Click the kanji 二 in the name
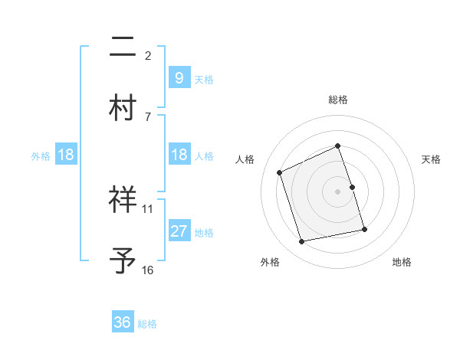click(x=123, y=49)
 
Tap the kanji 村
click(x=123, y=109)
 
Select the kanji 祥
click(x=123, y=201)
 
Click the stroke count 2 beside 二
click(x=148, y=55)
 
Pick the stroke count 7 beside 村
click(x=148, y=116)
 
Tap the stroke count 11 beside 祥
click(x=148, y=208)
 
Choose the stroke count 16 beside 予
click(x=148, y=270)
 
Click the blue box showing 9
click(x=179, y=77)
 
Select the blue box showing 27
click(x=179, y=231)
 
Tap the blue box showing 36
click(x=123, y=322)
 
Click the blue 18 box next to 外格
click(x=66, y=155)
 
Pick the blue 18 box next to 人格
click(x=179, y=155)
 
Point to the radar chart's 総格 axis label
click(x=338, y=100)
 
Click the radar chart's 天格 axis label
click(x=431, y=159)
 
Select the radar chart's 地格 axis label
click(x=402, y=262)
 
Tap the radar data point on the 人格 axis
click(x=280, y=172)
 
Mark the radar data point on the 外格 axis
click(x=302, y=242)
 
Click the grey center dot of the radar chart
click(x=338, y=191)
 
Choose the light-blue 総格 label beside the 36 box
click(x=147, y=324)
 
